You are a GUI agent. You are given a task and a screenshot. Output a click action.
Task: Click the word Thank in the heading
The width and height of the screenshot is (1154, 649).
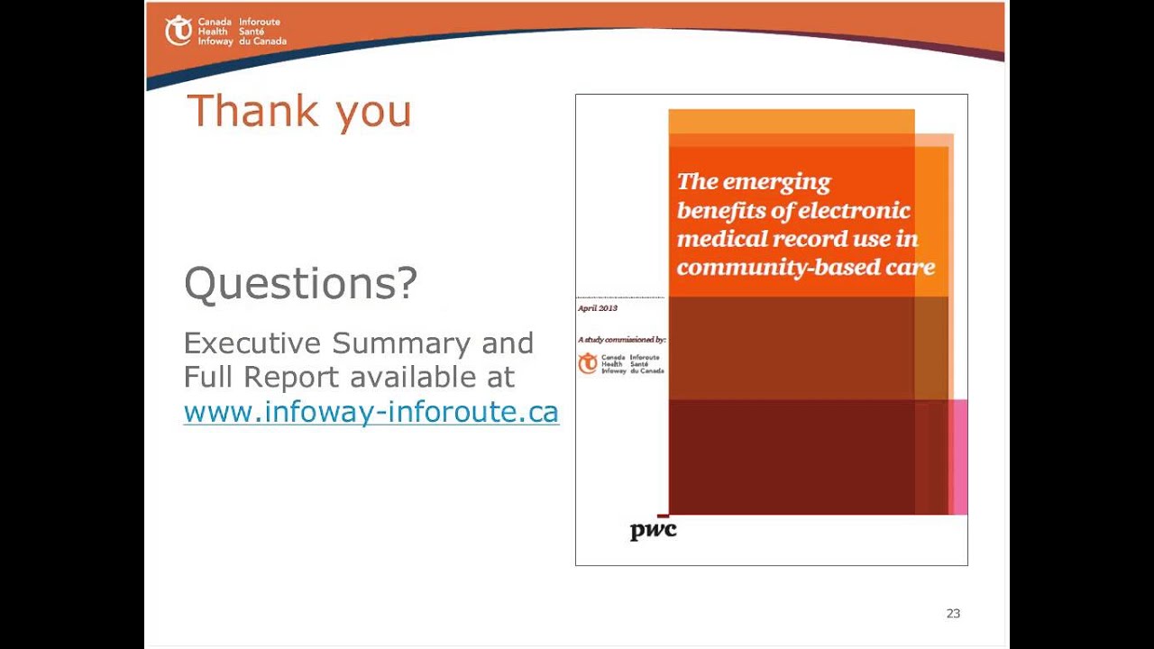tap(253, 111)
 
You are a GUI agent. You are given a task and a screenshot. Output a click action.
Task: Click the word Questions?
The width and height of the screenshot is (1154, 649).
tap(300, 283)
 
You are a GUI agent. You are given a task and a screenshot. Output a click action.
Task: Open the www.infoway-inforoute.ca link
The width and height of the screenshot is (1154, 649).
tap(371, 412)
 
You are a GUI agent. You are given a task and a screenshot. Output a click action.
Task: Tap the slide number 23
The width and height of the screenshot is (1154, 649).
tap(953, 614)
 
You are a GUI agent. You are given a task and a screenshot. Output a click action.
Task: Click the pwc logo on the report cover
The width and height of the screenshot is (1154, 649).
tap(653, 530)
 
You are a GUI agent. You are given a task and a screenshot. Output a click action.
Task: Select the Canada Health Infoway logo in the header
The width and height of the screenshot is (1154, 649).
tap(225, 31)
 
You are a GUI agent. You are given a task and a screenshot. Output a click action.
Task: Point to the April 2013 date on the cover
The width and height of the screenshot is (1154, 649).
tap(597, 308)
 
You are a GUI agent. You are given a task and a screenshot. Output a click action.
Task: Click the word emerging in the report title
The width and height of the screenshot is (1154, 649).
tap(776, 182)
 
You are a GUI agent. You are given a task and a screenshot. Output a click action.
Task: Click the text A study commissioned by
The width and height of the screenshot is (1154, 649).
tap(621, 340)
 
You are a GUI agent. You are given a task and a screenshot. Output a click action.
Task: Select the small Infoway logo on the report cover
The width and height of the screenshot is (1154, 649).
tap(621, 363)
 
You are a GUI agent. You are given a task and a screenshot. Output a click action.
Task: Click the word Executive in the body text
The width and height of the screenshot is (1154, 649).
tap(252, 343)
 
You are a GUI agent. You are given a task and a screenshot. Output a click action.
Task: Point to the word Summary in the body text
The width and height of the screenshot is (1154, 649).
tap(401, 343)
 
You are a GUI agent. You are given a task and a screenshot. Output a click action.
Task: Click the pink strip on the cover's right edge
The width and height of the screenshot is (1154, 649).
tap(960, 455)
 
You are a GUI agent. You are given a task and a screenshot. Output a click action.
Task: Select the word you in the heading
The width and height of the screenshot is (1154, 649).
tap(373, 113)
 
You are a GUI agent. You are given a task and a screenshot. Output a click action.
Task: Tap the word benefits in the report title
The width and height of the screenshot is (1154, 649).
tap(721, 211)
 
